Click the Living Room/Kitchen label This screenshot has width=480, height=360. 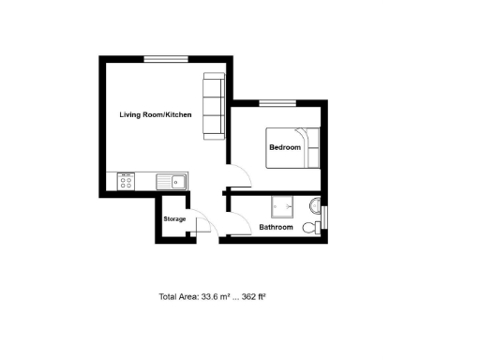156,114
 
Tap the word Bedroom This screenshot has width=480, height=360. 285,147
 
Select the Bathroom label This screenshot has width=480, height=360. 276,227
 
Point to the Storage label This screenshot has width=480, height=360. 174,219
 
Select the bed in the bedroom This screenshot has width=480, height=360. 293,147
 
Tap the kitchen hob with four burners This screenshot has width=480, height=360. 127,181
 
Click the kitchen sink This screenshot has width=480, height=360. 172,181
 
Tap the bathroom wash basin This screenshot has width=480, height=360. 316,205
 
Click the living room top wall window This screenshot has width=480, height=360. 157,59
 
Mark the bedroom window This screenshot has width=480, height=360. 271,101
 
